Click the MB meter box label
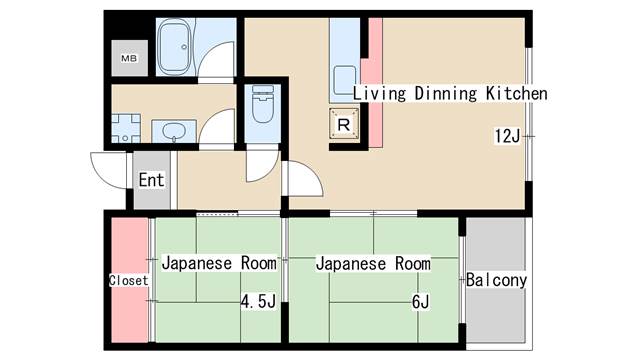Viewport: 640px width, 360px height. tap(129, 58)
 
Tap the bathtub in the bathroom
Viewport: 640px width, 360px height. tap(180, 48)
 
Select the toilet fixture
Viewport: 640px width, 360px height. tap(263, 105)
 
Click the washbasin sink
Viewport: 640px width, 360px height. tap(174, 131)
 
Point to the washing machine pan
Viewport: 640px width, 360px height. tap(126, 128)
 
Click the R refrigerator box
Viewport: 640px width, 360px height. tap(343, 124)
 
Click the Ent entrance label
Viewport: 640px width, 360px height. tap(151, 181)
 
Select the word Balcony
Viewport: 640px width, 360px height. tap(496, 280)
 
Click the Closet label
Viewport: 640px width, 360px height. tap(128, 281)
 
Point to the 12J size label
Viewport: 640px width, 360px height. tap(506, 135)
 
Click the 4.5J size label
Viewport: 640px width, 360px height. tap(257, 302)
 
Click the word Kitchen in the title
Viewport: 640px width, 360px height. tap(517, 93)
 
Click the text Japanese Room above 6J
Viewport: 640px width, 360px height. tap(373, 264)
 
